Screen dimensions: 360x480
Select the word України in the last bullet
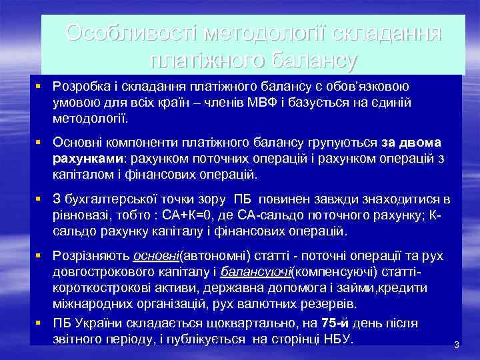point(97,323)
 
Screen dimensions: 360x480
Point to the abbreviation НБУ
point(338,339)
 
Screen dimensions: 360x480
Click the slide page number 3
point(457,345)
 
